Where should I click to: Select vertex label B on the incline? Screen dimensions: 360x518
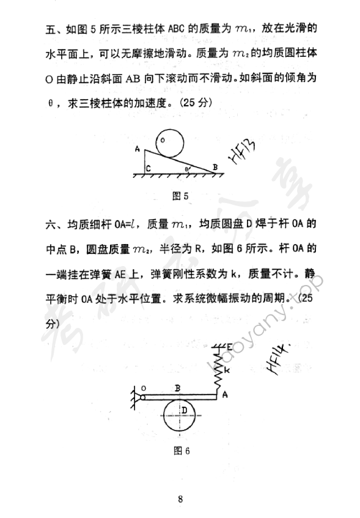click(x=215, y=165)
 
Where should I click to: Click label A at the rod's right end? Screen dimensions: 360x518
click(x=225, y=394)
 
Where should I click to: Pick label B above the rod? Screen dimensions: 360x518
click(x=177, y=387)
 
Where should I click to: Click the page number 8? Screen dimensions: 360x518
click(x=180, y=498)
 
